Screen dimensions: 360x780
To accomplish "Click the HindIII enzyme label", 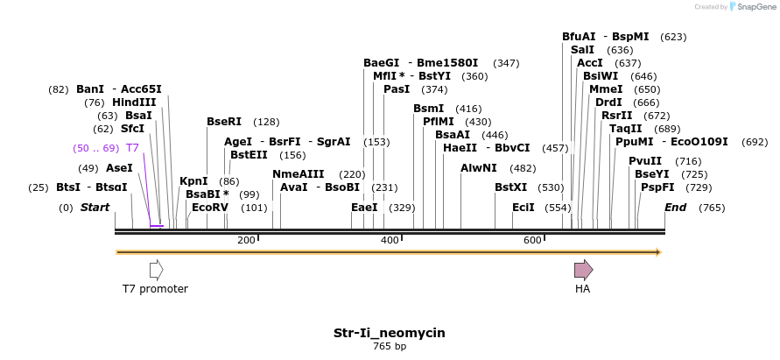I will point(134,102).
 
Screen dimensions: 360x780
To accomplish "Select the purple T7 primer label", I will point(133,148).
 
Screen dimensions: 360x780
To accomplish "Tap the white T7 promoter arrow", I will point(156,270).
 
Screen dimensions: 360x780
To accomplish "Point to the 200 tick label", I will point(246,240).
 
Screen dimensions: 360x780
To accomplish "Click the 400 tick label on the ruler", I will point(390,240).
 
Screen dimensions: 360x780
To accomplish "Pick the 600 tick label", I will point(533,240).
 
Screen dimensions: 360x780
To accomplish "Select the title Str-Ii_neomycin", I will point(390,333).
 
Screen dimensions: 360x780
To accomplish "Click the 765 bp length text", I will point(390,347).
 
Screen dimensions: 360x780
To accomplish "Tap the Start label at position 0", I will point(95,208).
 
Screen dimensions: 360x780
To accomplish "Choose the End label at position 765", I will point(675,208).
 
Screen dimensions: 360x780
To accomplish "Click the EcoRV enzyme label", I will point(210,208).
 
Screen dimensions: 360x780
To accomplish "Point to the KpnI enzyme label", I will point(193,181).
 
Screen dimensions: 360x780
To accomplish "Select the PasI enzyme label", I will point(397,89).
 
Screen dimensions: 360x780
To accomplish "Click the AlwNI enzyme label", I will point(480,168).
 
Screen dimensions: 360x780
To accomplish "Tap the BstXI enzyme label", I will point(511,187).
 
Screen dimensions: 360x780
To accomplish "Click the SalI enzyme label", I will point(582,50).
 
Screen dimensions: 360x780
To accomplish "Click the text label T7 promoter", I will point(155,289).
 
